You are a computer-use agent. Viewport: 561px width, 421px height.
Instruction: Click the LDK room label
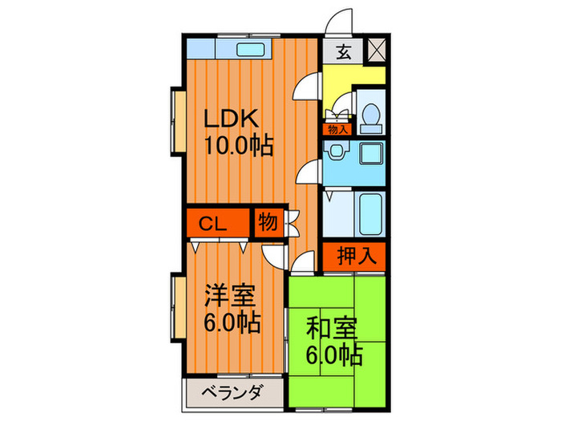coord(231,119)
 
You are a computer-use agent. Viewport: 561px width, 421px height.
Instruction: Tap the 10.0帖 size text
coord(237,146)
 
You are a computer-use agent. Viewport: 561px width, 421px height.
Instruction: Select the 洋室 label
coord(230,296)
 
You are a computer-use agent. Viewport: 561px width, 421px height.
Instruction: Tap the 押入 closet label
coord(354,257)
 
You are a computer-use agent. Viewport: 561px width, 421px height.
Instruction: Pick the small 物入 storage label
coord(337,128)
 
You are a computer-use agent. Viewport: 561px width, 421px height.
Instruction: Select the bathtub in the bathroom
coord(369,213)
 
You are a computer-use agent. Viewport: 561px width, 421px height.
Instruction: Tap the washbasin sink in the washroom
coord(336,152)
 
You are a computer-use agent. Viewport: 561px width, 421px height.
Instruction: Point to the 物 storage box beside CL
coord(268,223)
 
